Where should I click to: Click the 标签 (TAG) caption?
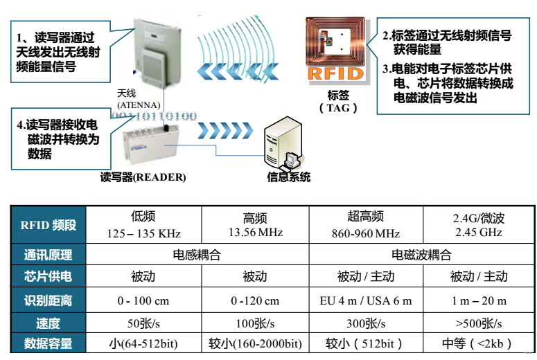point(338,101)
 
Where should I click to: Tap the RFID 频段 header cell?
point(49,225)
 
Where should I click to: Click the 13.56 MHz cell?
point(255,225)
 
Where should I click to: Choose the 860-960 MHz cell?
point(365,225)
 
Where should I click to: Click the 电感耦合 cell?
point(197,255)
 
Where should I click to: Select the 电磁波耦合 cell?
point(421,255)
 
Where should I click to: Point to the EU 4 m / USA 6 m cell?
point(365,300)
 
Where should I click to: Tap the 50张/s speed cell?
point(143,323)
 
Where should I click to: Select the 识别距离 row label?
point(49,300)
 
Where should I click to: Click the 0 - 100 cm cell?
point(143,300)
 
